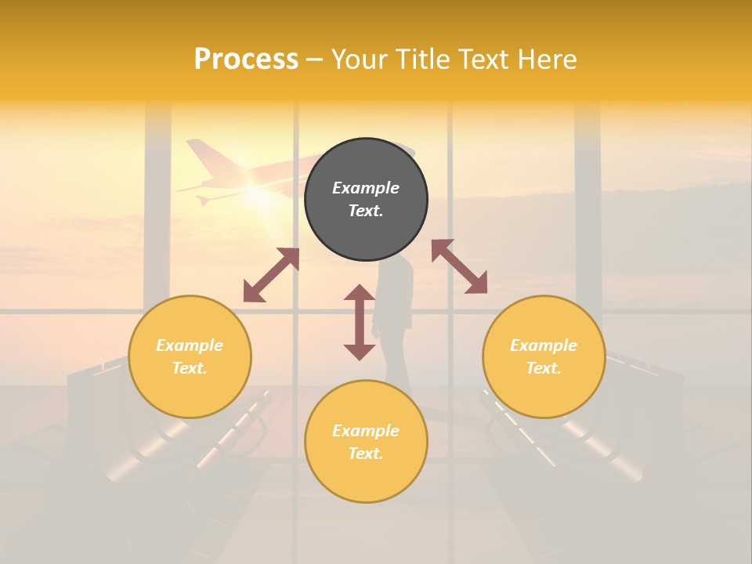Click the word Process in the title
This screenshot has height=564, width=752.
pos(246,60)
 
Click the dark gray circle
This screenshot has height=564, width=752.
pos(366,200)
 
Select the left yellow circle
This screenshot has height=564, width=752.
pos(190,357)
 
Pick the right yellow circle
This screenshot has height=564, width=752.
pos(544,357)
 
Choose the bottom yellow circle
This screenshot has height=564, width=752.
pos(366,442)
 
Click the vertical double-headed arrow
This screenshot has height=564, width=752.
pos(360,322)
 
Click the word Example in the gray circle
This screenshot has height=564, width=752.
pos(366,188)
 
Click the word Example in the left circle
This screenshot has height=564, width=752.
pos(190,345)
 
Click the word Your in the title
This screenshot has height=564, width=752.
pos(358,60)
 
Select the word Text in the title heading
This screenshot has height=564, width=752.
pos(481,60)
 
